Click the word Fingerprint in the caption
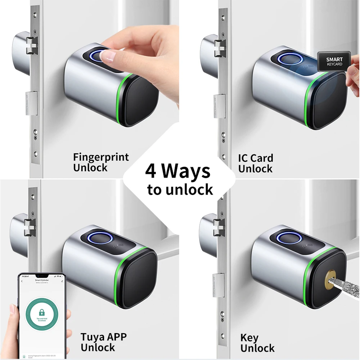tap(101, 158)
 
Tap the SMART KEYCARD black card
tap(334, 62)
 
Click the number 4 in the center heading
tap(150, 171)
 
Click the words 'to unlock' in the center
tap(180, 189)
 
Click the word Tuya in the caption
tap(93, 338)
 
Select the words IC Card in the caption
tap(256, 158)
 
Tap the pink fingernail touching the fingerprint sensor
tap(108, 55)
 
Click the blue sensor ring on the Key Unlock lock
tap(285, 238)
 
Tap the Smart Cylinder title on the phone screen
tap(42, 279)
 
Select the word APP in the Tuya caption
tap(116, 338)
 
